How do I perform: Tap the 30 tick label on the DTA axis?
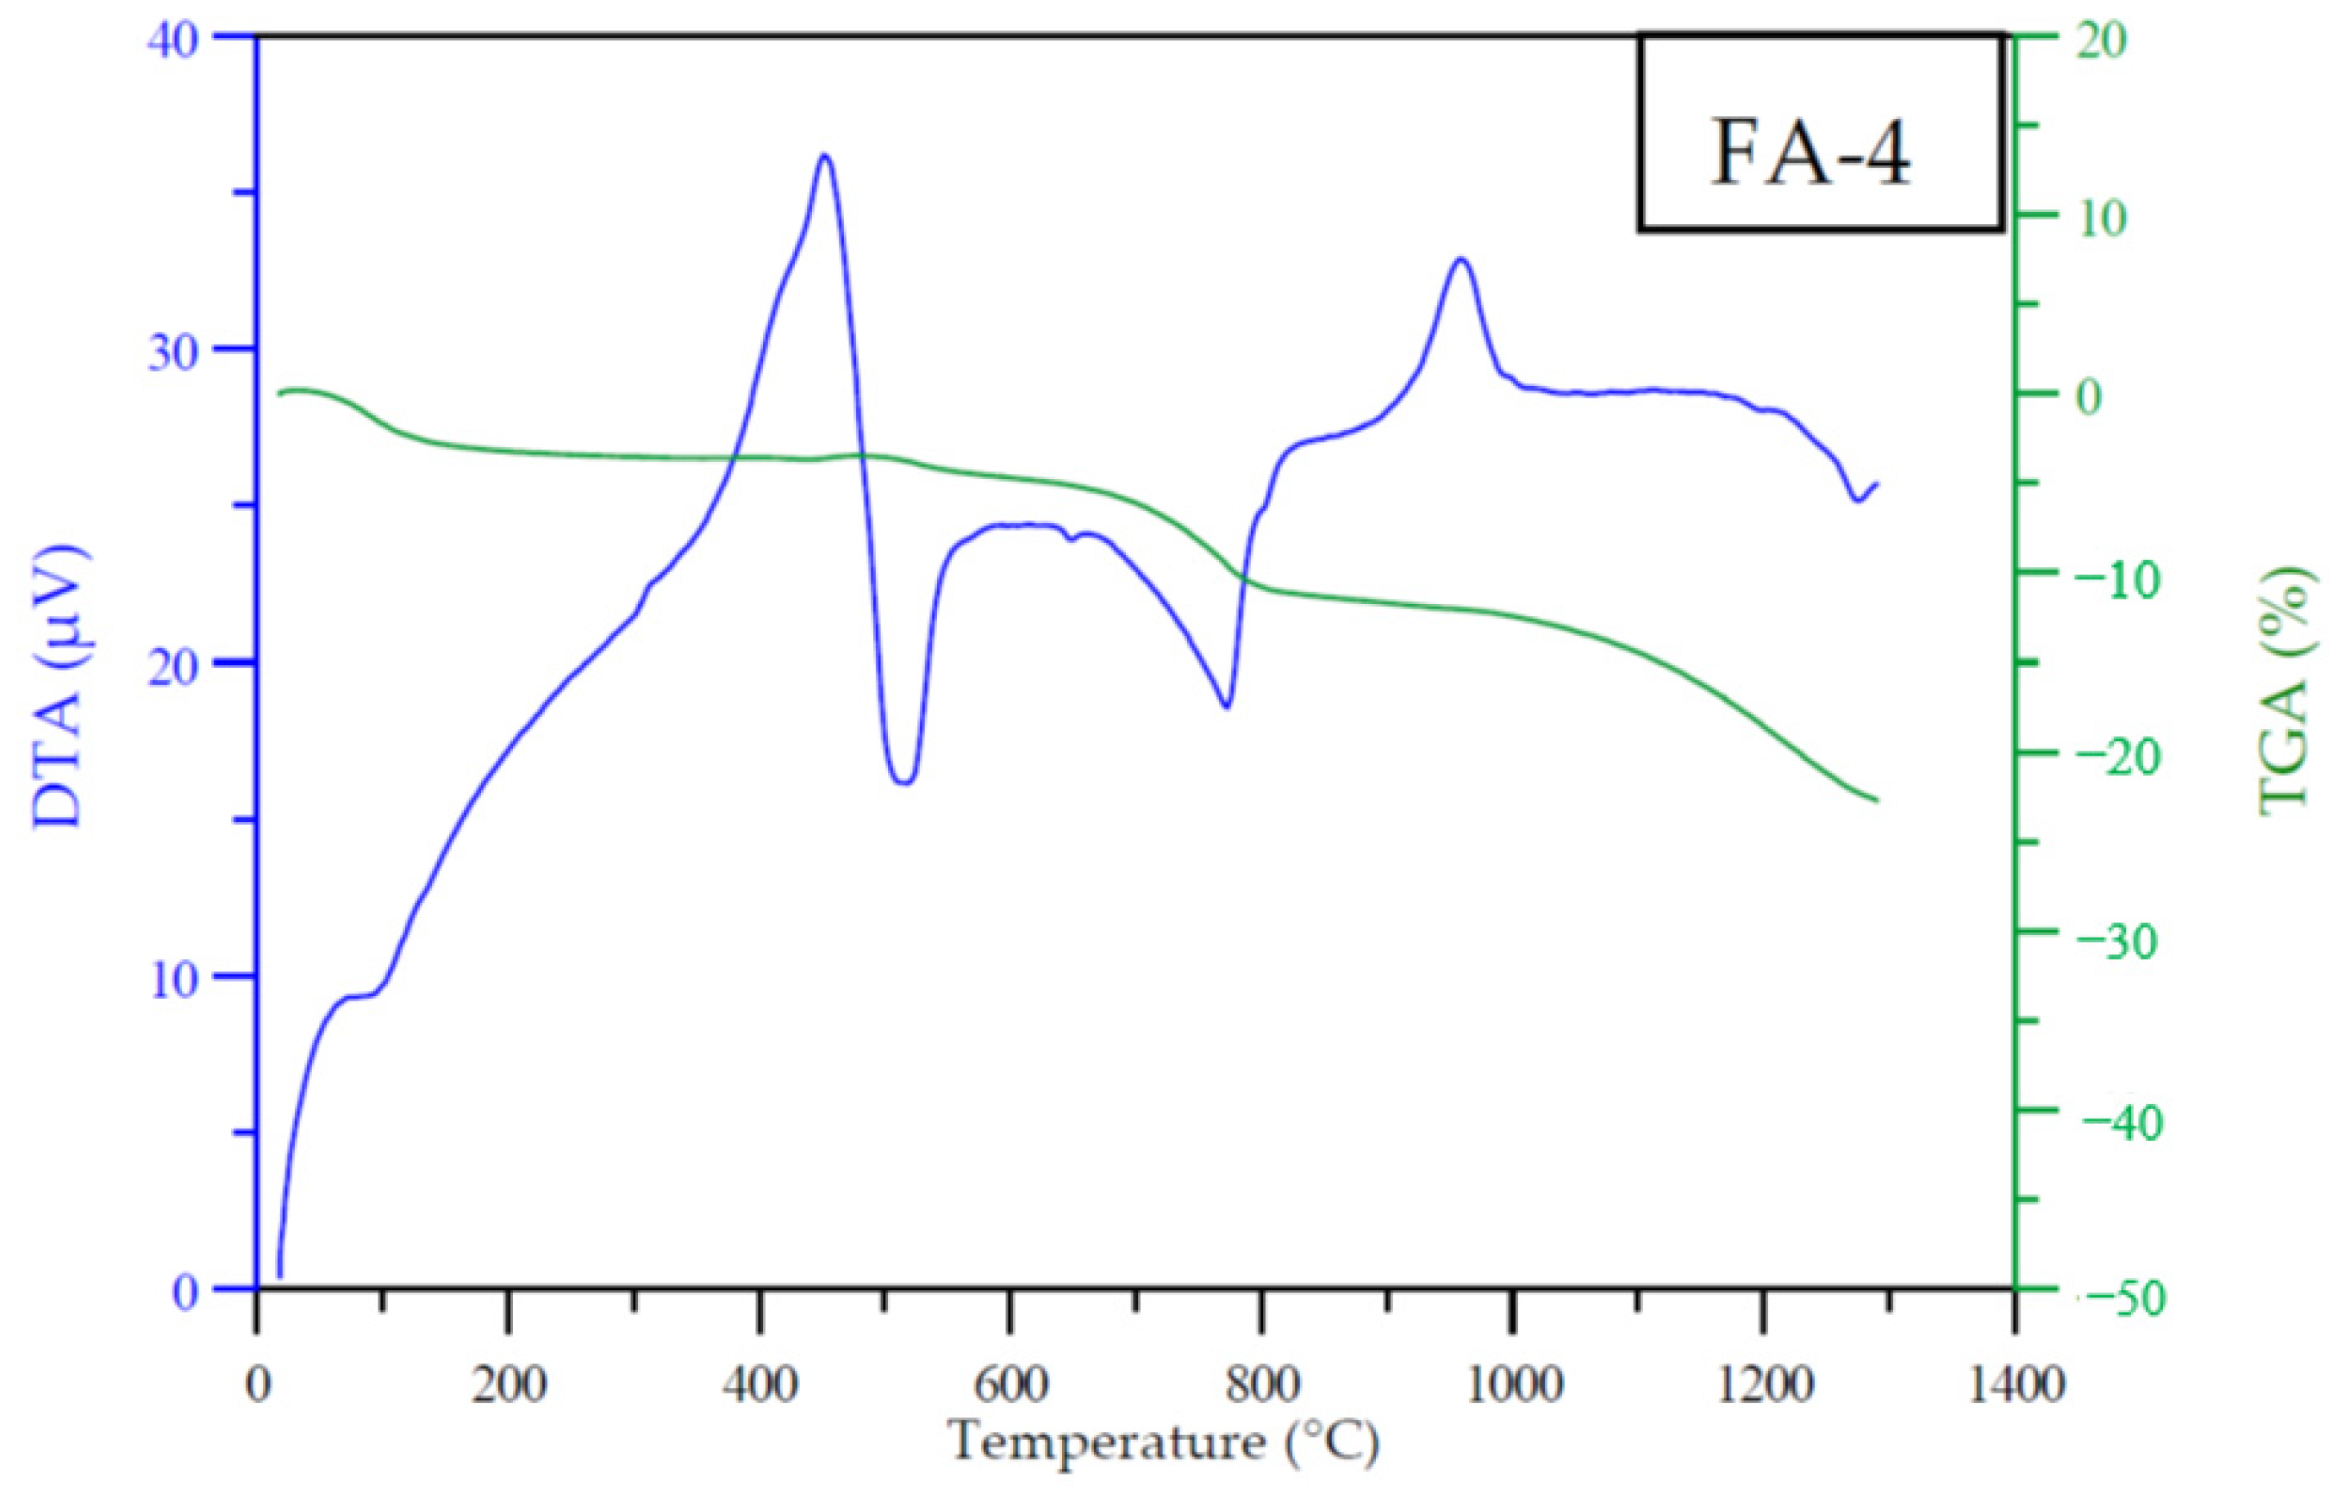tap(172, 352)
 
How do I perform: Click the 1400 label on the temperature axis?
tap(2014, 1385)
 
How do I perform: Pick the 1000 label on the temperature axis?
tap(1512, 1385)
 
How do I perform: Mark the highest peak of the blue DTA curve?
tap(825, 156)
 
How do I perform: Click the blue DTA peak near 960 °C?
tap(1460, 259)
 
